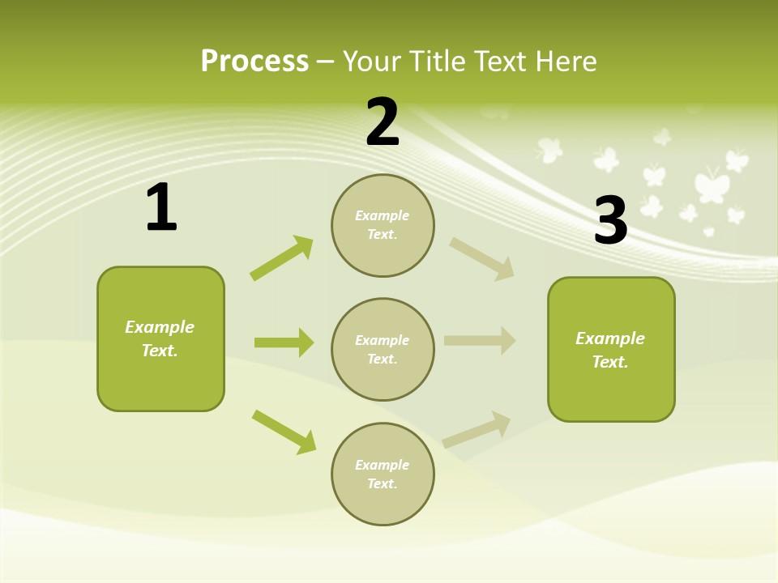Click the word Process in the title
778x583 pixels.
pyautogui.click(x=254, y=61)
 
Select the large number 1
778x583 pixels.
pyautogui.click(x=161, y=207)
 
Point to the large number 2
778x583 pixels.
pyautogui.click(x=383, y=122)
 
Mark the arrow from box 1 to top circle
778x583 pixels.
pyautogui.click(x=281, y=258)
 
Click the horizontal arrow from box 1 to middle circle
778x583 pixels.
pyautogui.click(x=284, y=343)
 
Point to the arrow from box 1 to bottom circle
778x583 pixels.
pyautogui.click(x=284, y=432)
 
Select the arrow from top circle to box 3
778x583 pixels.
pyautogui.click(x=482, y=259)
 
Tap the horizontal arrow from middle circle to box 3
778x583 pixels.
pyautogui.click(x=480, y=341)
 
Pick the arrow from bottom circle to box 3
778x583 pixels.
pyautogui.click(x=477, y=429)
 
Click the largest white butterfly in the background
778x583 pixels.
pyautogui.click(x=712, y=185)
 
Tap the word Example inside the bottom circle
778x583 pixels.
pyautogui.click(x=383, y=465)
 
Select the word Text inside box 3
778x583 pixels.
pyautogui.click(x=609, y=362)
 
